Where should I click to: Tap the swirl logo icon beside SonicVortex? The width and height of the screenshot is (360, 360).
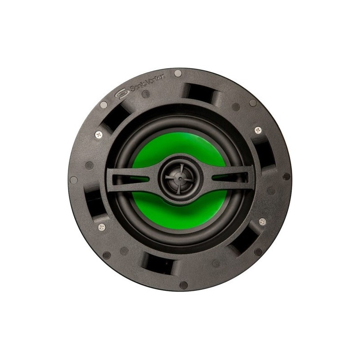(x=121, y=94)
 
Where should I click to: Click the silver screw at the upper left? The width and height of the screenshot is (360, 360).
(x=99, y=135)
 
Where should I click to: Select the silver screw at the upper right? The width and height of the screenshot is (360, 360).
(x=258, y=130)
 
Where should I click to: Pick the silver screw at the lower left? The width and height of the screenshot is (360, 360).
(x=102, y=228)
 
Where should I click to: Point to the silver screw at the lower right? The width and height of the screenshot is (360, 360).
(x=262, y=222)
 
